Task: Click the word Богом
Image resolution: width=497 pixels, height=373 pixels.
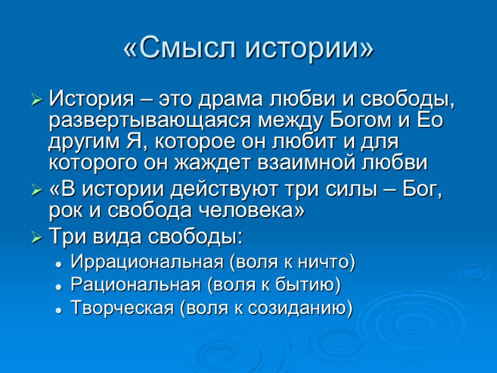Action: coord(369,120)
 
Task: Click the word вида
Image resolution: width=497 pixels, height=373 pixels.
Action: coord(117,237)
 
